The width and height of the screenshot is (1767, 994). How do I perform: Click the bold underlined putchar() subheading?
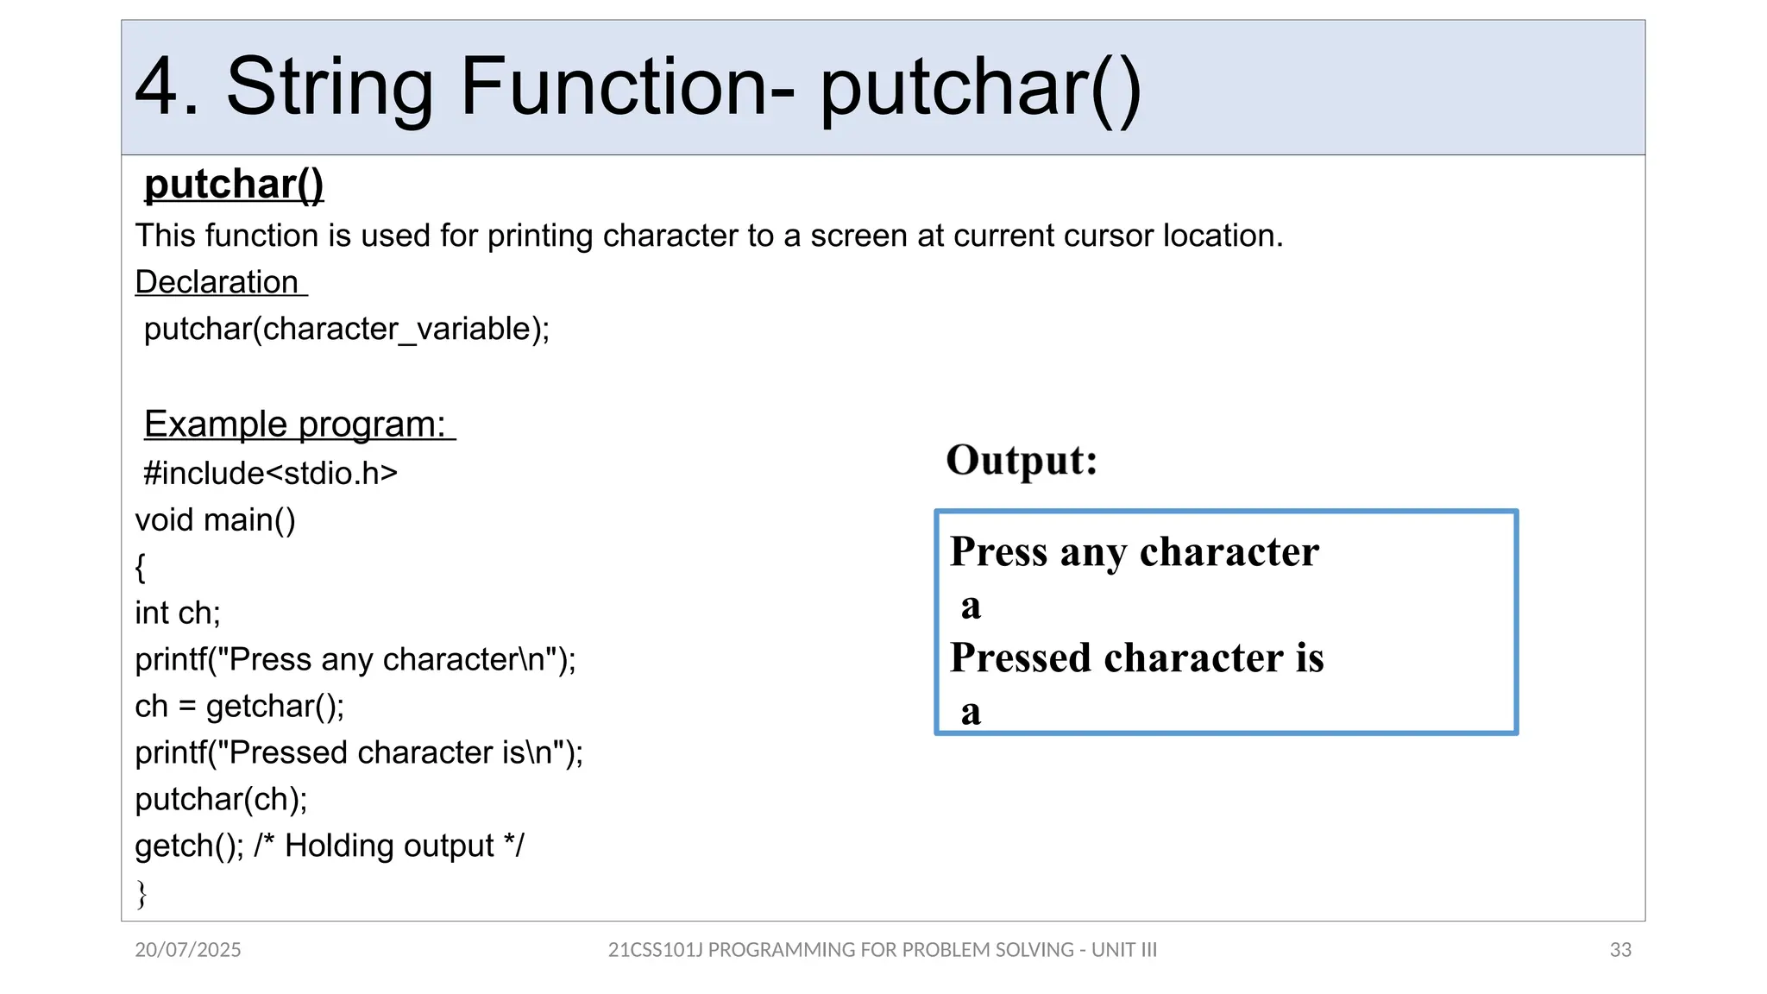point(234,185)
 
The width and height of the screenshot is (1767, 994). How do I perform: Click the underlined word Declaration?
point(217,282)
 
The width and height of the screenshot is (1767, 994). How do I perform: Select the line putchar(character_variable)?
point(347,329)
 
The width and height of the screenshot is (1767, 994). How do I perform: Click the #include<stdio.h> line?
point(271,473)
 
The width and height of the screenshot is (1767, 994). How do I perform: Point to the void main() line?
point(216,520)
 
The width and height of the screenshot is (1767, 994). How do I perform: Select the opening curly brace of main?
point(141,567)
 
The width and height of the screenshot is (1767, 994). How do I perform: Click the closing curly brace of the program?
point(141,893)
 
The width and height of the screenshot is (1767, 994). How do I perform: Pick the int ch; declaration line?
point(178,613)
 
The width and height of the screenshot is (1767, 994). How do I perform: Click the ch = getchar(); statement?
point(240,706)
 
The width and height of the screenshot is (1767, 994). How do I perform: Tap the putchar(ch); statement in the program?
point(222,799)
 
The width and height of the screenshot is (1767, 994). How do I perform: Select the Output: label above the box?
point(1022,460)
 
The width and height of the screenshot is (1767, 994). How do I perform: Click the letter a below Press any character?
point(972,606)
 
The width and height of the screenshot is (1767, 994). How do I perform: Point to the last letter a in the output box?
point(972,712)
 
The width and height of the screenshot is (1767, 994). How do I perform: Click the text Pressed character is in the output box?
point(1136,658)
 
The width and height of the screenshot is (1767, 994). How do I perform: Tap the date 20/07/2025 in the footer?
point(188,950)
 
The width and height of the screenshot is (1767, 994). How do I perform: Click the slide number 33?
point(1620,950)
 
